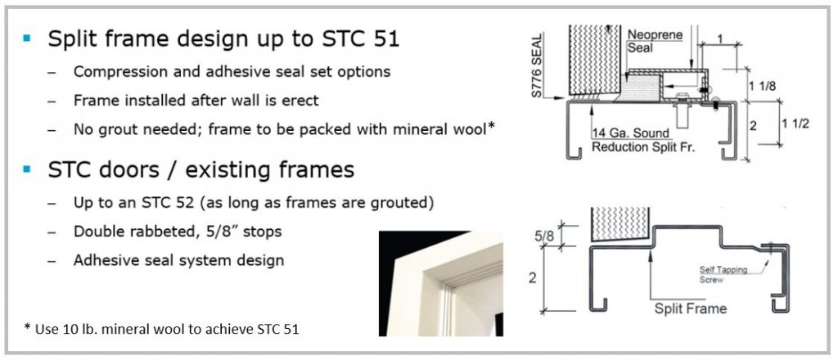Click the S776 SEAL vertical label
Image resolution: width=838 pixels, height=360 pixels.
537,65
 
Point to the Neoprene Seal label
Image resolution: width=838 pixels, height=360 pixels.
647,41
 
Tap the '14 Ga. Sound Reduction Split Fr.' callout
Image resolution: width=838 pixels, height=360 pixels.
643,140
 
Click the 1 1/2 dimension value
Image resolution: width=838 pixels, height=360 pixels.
795,124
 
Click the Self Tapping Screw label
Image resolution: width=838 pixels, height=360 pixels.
723,275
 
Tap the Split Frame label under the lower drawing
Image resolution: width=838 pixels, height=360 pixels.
691,308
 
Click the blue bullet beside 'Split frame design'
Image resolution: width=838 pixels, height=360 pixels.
27,38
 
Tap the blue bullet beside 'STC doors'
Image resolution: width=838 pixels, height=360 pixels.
27,169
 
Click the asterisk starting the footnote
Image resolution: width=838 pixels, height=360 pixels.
27,326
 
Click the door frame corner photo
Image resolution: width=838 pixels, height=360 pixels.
441,283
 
